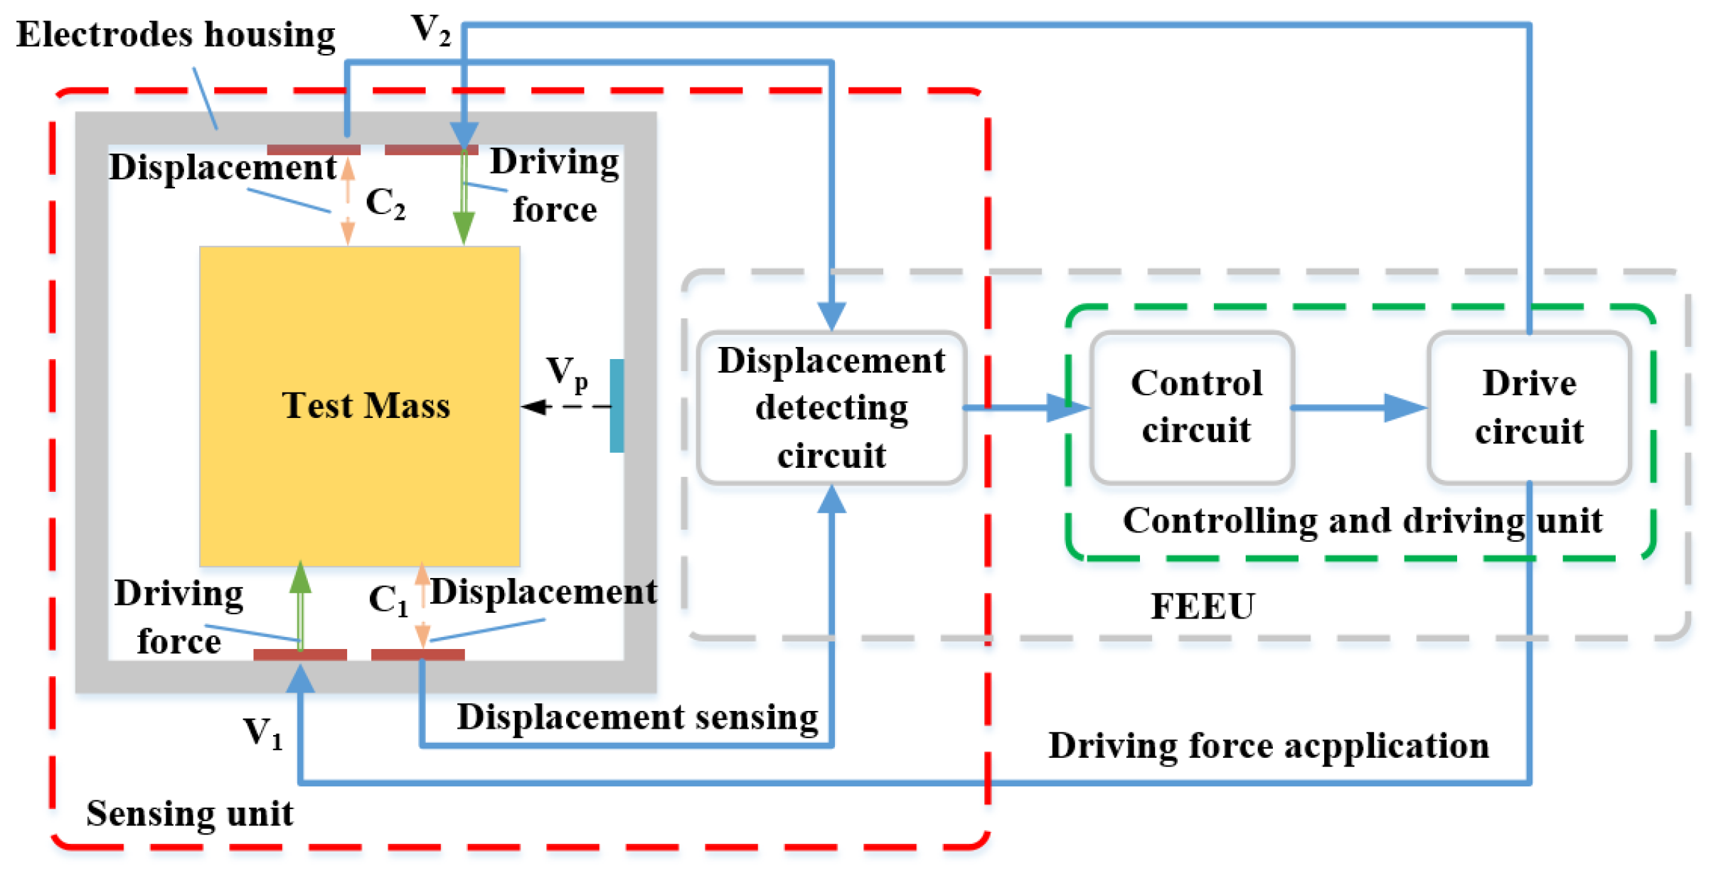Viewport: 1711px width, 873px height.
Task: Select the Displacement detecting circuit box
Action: (831, 408)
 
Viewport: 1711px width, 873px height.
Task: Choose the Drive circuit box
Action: (1529, 408)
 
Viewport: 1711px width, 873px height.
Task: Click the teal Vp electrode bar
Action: (617, 405)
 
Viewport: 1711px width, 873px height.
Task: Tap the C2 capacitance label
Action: (385, 203)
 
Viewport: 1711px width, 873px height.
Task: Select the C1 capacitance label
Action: (388, 600)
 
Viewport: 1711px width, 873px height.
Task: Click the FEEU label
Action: (1203, 606)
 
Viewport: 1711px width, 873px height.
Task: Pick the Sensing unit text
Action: (189, 813)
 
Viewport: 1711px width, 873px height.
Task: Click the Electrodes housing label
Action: (176, 34)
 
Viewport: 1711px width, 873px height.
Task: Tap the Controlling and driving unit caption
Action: (1362, 521)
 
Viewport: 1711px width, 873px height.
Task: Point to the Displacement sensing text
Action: (637, 717)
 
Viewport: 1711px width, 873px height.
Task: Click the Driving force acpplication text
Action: (1268, 746)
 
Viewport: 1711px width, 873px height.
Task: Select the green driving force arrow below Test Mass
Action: (300, 604)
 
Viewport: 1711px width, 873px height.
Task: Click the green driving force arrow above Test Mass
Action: (464, 199)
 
